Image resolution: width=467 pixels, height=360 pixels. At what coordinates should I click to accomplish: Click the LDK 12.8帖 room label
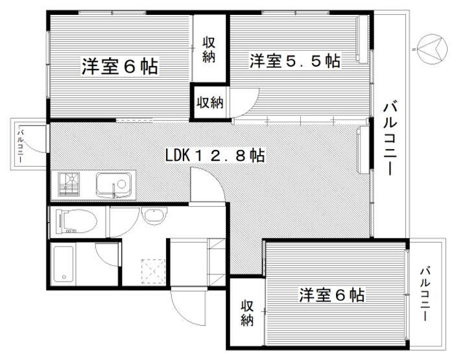point(215,155)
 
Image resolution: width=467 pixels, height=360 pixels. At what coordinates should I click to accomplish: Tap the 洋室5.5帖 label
point(295,61)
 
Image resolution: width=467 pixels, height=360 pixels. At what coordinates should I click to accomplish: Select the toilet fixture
point(77,222)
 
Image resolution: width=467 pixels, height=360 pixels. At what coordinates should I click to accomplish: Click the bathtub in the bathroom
point(64,263)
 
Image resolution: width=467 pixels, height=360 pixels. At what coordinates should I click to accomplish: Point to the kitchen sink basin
point(114,185)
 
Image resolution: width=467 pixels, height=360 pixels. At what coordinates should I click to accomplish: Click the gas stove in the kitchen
point(69,184)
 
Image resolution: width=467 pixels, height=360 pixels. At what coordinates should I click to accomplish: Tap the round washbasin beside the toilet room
point(154,215)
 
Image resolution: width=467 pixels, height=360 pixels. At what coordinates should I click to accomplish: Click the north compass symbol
point(432,49)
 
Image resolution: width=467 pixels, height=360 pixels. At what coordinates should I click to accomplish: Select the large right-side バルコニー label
point(390,139)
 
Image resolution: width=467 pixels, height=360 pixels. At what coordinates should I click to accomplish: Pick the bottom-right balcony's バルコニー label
point(425,294)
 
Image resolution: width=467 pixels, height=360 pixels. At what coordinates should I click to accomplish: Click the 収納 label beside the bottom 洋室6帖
point(247,313)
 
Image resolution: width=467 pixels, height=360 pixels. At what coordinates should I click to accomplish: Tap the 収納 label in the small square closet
point(210,102)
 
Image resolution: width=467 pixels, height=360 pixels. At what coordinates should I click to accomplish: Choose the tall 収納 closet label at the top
point(209,50)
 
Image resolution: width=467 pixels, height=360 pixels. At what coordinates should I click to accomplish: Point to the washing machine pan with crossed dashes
point(153,271)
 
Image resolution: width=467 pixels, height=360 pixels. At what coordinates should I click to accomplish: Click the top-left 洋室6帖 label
point(120,66)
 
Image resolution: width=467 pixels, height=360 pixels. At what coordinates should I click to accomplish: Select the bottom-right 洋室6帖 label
point(332,294)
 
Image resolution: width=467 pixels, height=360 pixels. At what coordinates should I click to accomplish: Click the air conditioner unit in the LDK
point(363,149)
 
